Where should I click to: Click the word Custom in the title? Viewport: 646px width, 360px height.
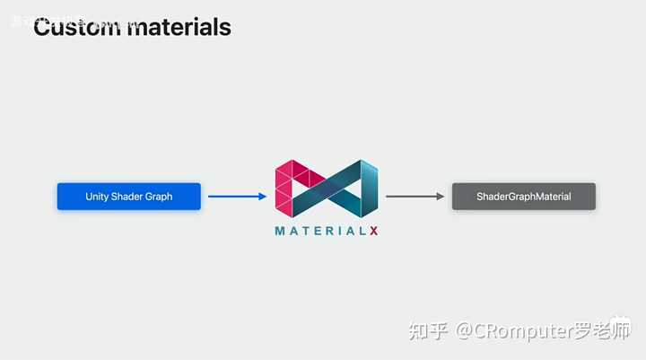76,27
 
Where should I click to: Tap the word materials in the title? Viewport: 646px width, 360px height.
179,27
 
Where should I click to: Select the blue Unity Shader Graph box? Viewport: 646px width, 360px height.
129,197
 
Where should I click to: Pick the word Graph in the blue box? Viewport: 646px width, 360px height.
160,197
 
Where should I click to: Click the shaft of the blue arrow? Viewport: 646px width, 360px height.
231,197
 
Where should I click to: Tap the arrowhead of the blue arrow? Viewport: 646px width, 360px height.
262,197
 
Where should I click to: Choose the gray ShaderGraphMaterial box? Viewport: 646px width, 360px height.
524,197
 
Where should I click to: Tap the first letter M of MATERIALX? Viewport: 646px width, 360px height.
281,231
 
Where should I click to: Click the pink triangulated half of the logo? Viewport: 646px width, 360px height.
294,187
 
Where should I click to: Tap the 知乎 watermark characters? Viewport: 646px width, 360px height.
428,331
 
